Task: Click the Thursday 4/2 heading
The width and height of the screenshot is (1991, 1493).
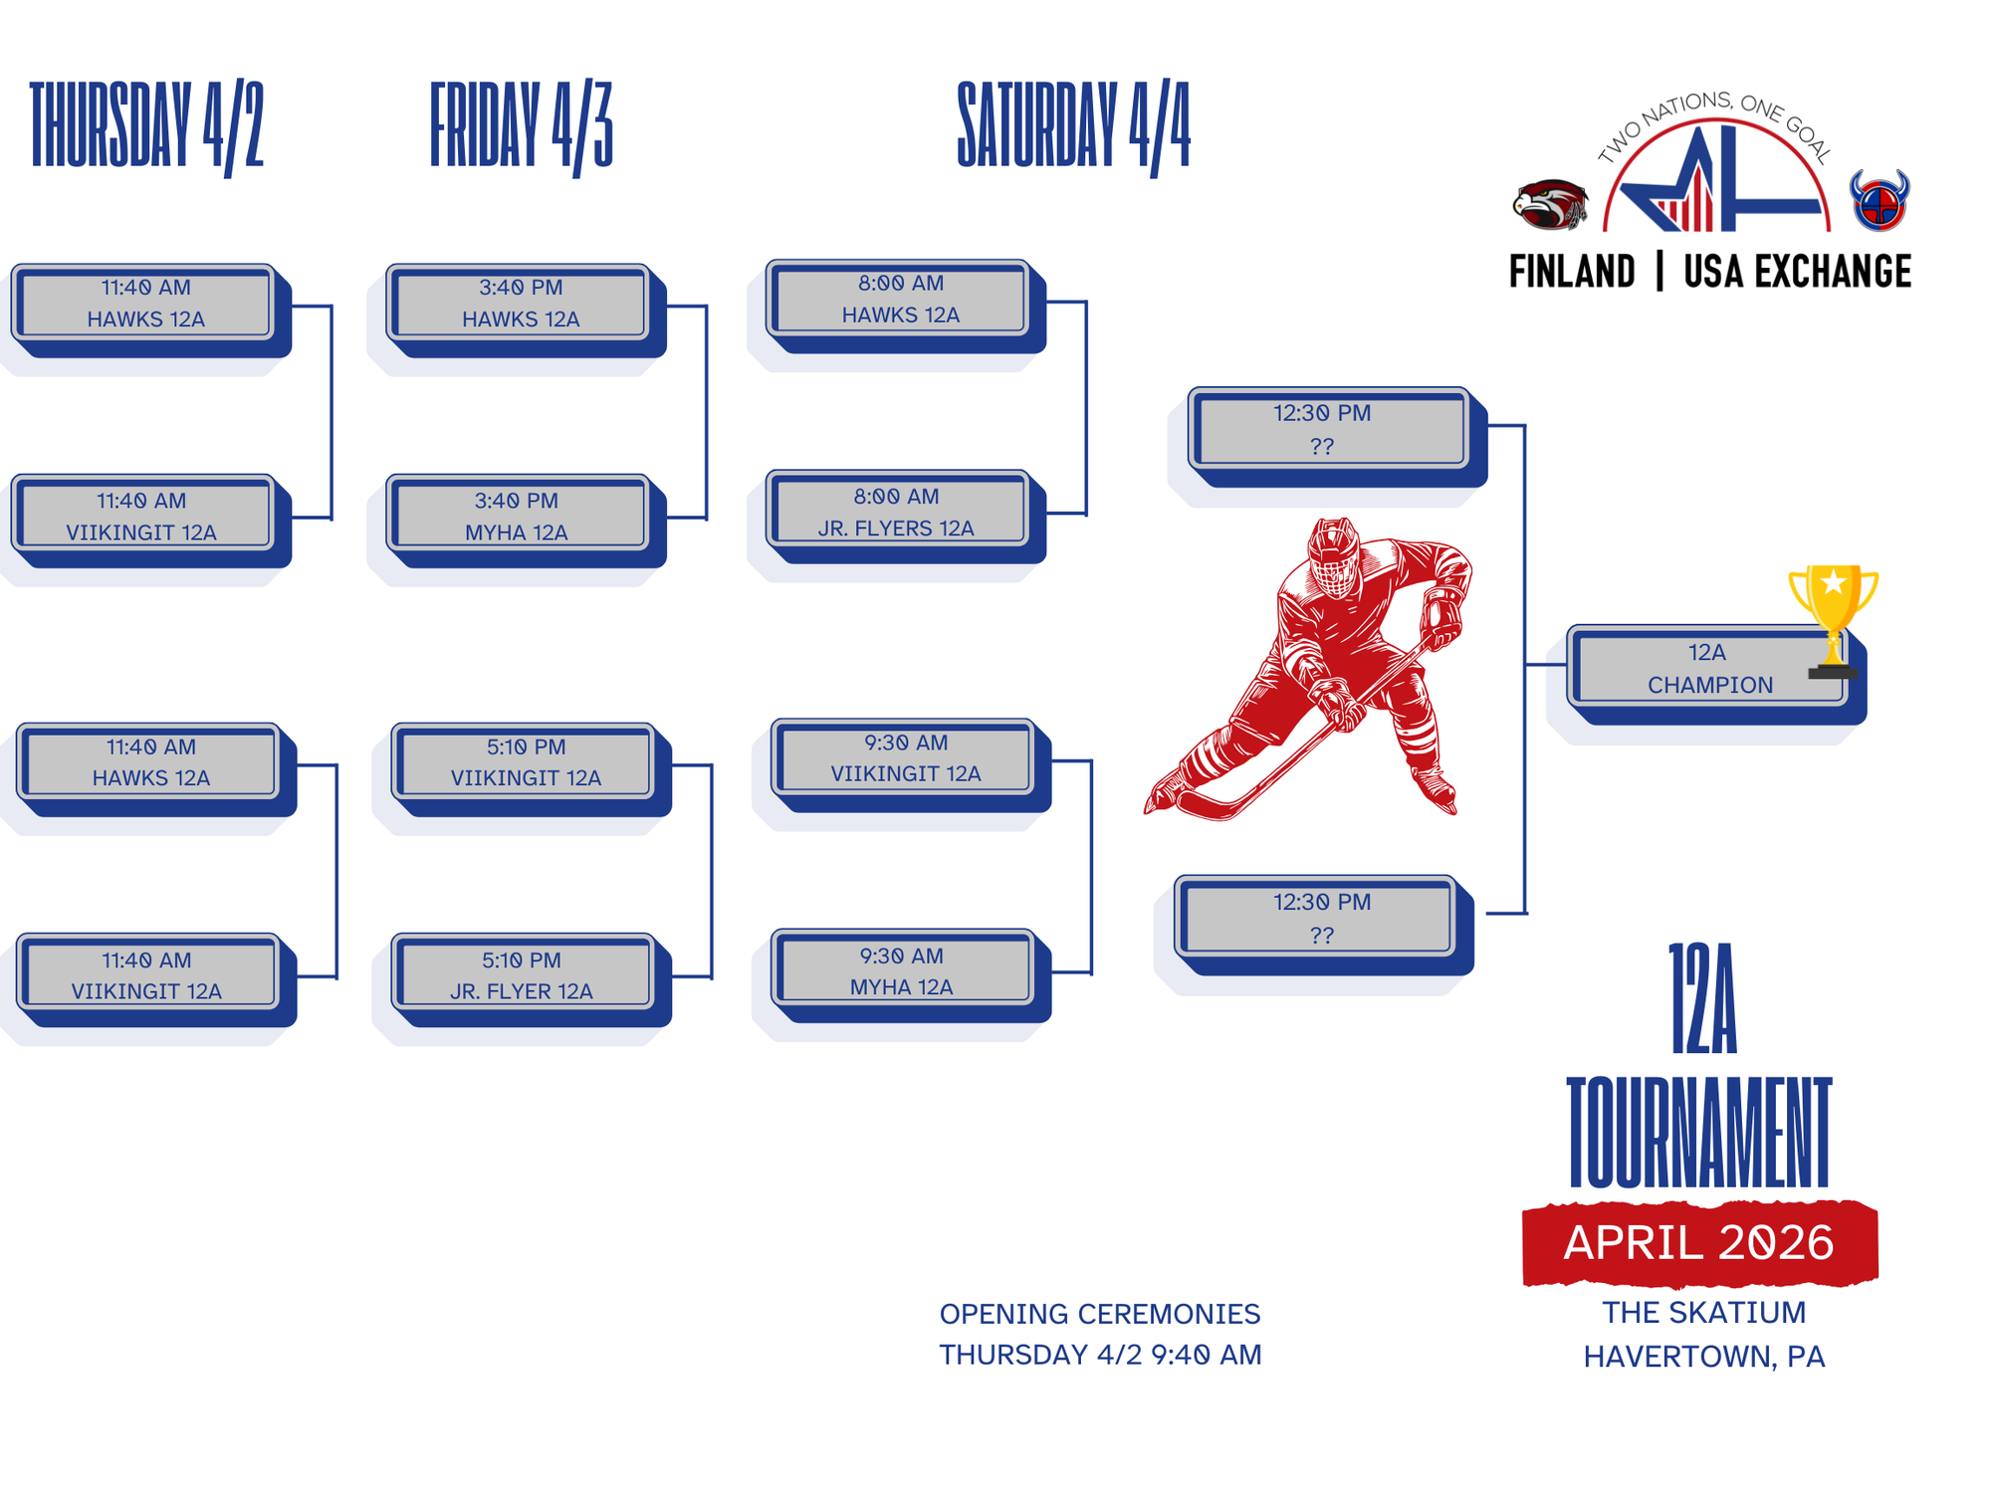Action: tap(146, 126)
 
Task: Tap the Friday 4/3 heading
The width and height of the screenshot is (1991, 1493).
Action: tap(521, 126)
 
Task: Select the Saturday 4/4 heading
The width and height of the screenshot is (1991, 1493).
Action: tap(1073, 126)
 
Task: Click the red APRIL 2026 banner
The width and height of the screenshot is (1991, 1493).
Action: tap(1699, 1243)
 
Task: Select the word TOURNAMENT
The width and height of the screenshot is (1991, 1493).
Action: tap(1699, 1132)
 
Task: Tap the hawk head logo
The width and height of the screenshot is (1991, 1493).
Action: tap(1549, 204)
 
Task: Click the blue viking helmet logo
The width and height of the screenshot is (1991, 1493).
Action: tap(1879, 200)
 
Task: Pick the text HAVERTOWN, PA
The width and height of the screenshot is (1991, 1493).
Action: tap(1704, 1357)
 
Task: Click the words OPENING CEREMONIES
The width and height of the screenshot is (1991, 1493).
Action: tap(1100, 1314)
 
